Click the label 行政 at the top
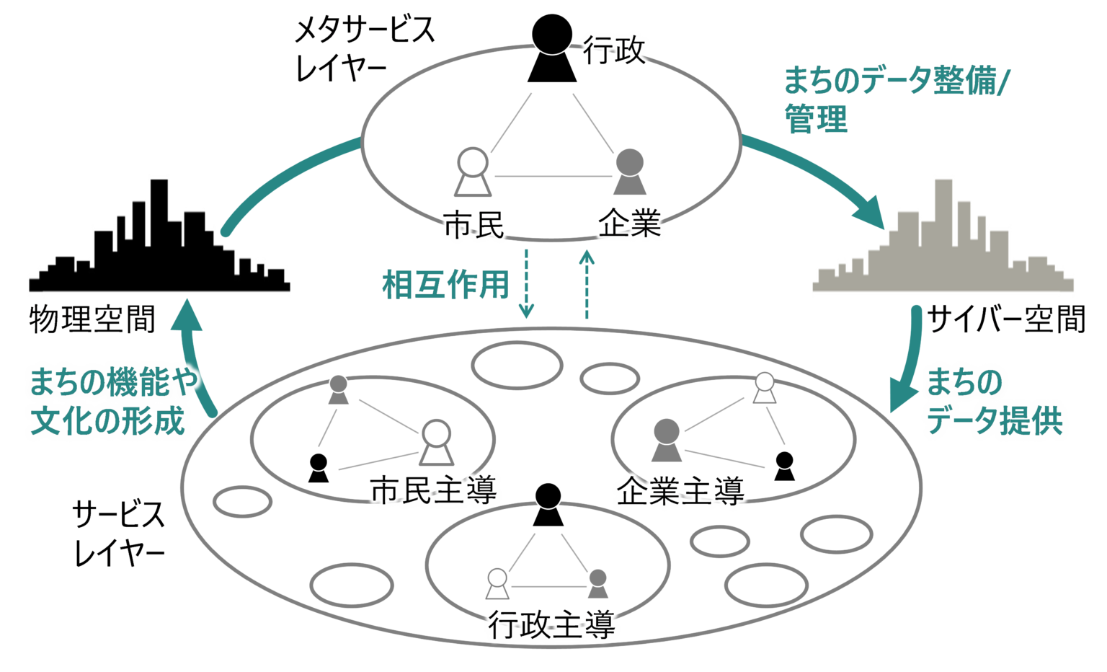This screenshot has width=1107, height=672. pos(614,50)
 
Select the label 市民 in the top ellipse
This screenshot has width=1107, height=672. pos(474,226)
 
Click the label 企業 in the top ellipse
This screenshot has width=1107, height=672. pos(629,226)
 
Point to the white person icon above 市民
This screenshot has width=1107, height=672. pos(473,172)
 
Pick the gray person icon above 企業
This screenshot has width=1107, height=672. pos(630,172)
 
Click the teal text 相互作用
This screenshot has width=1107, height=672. pos(445,285)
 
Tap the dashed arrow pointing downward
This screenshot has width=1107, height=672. pos(527,284)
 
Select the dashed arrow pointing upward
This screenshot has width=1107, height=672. pos(587,284)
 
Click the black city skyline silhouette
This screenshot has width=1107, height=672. pos(159,242)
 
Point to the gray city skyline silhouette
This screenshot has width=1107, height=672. pos(943,242)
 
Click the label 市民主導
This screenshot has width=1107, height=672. pos(434,492)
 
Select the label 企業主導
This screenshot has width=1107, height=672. pos(680,492)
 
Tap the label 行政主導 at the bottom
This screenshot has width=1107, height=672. pos(551,625)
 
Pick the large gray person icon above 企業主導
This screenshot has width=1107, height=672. pos(667,440)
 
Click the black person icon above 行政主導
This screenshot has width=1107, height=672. pos(548,504)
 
